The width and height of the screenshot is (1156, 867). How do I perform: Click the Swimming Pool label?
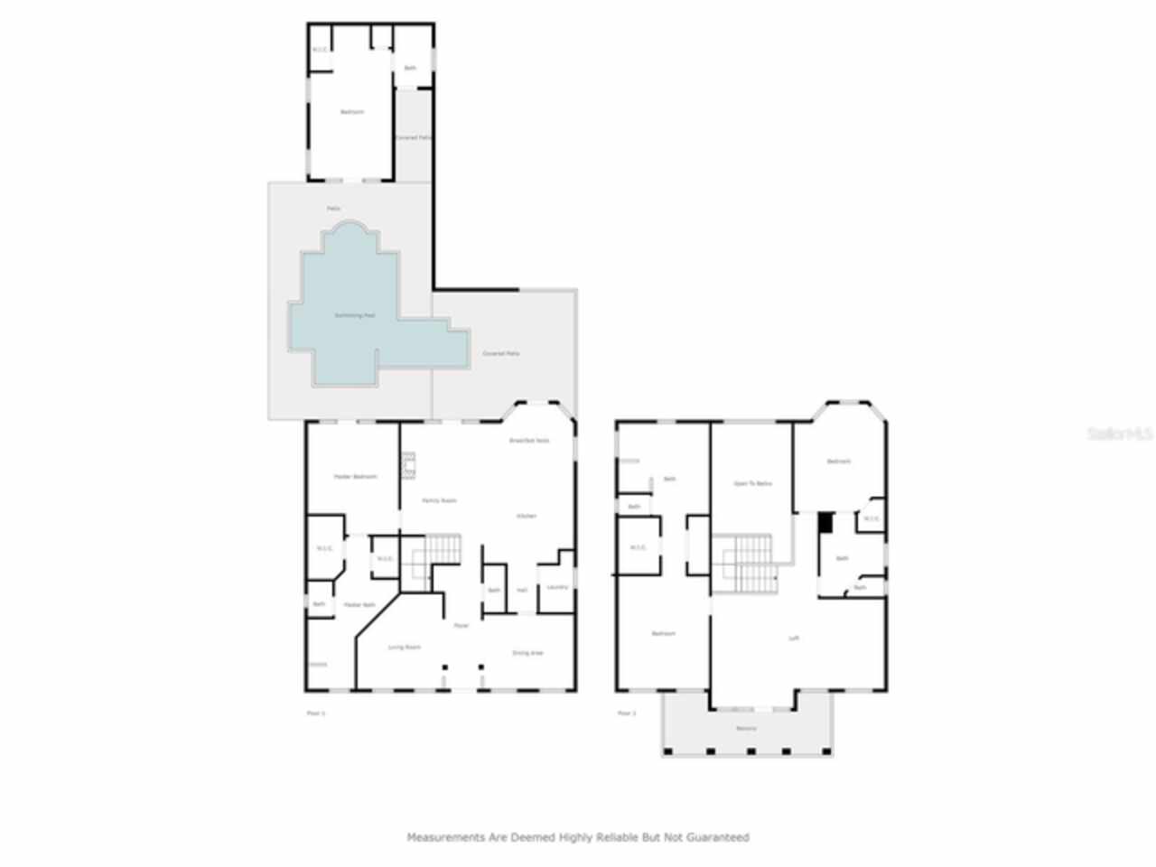click(x=355, y=315)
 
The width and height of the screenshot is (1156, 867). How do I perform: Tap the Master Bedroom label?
click(x=355, y=476)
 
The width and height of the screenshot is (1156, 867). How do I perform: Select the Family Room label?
click(x=440, y=499)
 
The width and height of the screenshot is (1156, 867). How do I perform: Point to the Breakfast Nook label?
click(x=529, y=441)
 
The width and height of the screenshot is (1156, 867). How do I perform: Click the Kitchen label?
click(x=526, y=516)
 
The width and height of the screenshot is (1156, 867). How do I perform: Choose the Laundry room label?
click(x=557, y=587)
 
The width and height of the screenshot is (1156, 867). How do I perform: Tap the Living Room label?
click(x=405, y=647)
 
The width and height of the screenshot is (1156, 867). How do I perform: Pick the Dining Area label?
click(x=527, y=652)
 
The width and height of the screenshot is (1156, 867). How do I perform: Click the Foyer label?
click(x=461, y=625)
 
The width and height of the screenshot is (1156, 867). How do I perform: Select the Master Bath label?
click(x=359, y=604)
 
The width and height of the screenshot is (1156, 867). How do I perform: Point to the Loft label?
click(x=794, y=638)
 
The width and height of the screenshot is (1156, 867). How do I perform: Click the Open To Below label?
click(x=752, y=483)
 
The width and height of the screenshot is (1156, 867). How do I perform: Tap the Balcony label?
click(x=746, y=728)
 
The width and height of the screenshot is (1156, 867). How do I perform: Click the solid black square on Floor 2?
click(x=825, y=521)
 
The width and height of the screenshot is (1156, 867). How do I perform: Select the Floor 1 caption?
click(x=316, y=713)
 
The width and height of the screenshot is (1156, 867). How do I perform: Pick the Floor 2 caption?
click(x=627, y=713)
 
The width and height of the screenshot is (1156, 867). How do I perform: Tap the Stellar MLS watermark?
click(x=1119, y=433)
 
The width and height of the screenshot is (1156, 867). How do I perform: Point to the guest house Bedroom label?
click(x=351, y=112)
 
